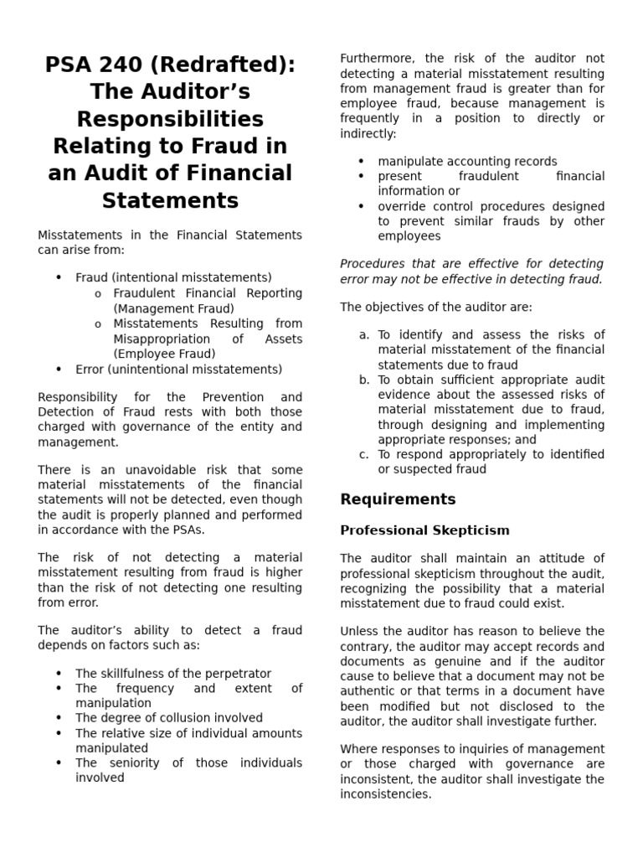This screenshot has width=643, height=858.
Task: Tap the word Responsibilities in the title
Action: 170,119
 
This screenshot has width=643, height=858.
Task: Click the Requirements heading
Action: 398,499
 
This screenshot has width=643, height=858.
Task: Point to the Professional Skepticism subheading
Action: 424,530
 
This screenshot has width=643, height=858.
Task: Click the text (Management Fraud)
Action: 173,308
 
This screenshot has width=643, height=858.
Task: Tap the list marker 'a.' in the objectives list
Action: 364,334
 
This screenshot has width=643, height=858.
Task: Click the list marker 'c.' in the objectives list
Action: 364,454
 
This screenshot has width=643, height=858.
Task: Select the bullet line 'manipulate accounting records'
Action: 467,161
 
